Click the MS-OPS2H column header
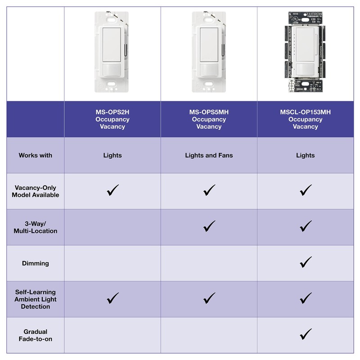[x=112, y=119]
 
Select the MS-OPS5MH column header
[x=209, y=119]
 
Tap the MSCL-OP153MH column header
[x=305, y=119]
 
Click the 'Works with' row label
[x=35, y=155]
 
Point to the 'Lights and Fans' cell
[x=209, y=155]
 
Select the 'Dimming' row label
[x=35, y=263]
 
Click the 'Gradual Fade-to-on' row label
[x=35, y=335]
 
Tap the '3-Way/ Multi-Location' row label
[x=35, y=227]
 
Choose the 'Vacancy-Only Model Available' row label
[x=35, y=191]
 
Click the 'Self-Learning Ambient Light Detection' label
[x=35, y=299]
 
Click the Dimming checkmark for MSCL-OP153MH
[x=306, y=262]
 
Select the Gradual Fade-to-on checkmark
[x=306, y=334]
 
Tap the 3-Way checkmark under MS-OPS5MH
[x=209, y=226]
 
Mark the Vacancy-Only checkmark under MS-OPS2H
[x=112, y=190]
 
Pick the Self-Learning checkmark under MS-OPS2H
[x=112, y=298]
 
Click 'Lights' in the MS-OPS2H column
[x=112, y=155]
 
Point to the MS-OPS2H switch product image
[x=112, y=52]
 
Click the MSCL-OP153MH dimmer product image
[x=305, y=52]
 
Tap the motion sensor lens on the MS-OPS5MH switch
[x=209, y=70]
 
